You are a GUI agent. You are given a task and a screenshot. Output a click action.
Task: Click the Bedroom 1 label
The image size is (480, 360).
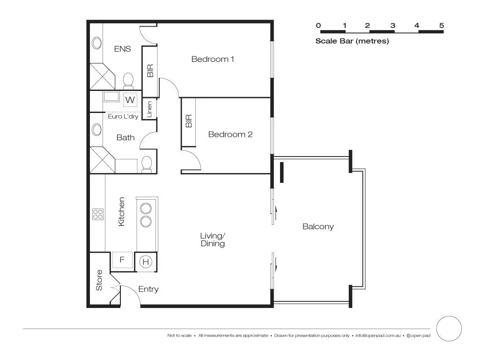coord(213,59)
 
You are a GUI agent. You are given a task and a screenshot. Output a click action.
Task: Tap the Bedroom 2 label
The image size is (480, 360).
coord(230,135)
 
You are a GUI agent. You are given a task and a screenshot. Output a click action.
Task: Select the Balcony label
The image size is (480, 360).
coord(318,227)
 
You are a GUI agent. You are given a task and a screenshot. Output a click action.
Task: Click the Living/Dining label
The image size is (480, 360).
coord(213,240)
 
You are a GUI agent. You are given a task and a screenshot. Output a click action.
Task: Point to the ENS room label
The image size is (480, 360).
coord(122,49)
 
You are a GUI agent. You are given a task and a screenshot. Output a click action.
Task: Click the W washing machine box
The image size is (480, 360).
coord(130,100)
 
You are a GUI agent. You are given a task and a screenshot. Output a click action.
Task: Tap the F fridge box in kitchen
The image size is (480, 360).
coord(122,260)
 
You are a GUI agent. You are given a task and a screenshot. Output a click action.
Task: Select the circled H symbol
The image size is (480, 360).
coord(146,262)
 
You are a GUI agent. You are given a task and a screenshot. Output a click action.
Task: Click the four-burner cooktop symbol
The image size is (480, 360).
coord(98,215)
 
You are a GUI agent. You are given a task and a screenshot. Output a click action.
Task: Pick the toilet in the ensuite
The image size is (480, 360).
coord(128,82)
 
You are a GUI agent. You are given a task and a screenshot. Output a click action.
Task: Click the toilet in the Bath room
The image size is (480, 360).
coord(147,164)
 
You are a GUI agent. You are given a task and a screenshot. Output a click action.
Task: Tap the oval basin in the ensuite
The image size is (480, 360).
coord(97,43)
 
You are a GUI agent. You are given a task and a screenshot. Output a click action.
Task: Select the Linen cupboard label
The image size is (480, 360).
coord(149,109)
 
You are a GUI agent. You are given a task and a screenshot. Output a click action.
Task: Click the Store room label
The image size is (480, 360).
coord(99,280)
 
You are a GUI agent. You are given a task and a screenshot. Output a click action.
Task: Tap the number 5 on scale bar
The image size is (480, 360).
coord(441,26)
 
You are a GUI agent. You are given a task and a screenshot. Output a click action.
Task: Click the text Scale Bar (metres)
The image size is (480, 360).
coord(352,41)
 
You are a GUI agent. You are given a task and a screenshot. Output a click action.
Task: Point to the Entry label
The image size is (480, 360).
coord(148,289)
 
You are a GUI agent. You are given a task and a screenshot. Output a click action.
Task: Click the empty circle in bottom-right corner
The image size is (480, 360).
coord(449,328)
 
